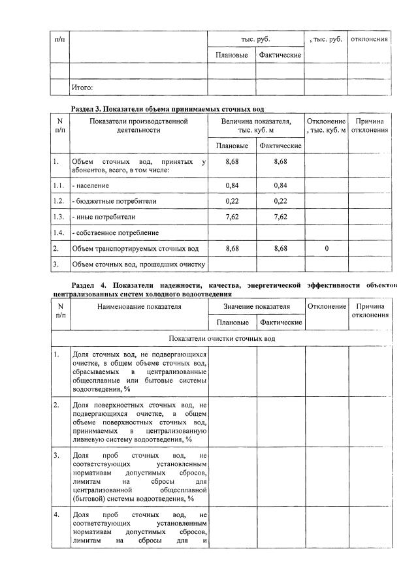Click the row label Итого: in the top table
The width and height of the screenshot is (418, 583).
tap(82, 87)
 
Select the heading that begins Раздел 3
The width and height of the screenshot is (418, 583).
tap(170, 108)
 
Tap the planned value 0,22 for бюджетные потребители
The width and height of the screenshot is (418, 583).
tap(231, 200)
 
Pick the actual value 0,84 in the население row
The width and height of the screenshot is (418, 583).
tap(280, 185)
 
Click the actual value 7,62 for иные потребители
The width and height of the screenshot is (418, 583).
tap(280, 216)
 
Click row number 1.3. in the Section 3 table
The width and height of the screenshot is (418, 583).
tap(59, 216)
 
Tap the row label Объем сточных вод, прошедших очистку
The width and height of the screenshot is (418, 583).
tap(139, 264)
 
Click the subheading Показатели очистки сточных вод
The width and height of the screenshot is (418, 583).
tap(222, 339)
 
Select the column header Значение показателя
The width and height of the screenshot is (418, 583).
tap(256, 306)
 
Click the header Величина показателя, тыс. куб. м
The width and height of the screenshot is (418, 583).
tap(256, 125)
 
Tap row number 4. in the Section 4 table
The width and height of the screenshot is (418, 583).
tap(57, 515)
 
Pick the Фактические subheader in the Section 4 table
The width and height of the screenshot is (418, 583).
tap(280, 323)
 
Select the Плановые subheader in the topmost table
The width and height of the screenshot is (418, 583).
tap(231, 55)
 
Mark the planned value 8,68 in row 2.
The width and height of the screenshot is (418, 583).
tap(231, 248)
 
